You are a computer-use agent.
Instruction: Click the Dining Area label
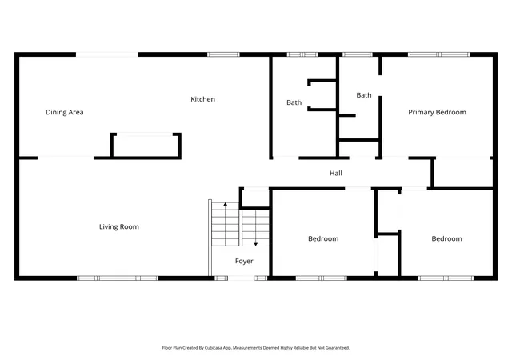click(65, 112)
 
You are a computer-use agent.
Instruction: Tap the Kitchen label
click(202, 99)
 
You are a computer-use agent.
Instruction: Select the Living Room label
click(119, 226)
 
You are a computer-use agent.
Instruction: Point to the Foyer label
click(244, 261)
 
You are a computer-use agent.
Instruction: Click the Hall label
click(336, 173)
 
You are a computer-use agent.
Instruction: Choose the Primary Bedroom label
click(438, 112)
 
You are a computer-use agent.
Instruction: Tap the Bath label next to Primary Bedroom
click(364, 95)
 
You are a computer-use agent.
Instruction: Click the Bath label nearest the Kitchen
click(294, 102)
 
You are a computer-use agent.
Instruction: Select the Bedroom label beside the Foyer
click(323, 239)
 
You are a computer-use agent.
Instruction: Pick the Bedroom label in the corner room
click(446, 239)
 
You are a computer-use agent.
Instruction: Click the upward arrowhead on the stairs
click(226, 204)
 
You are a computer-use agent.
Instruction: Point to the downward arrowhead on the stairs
click(256, 244)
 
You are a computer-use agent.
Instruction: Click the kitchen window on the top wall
click(224, 54)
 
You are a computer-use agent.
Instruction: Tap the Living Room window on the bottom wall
click(118, 278)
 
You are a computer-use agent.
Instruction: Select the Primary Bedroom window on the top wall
click(439, 54)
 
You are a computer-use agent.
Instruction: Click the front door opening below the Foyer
click(241, 278)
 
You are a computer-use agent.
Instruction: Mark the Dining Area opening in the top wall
click(107, 54)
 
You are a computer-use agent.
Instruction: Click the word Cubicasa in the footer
click(214, 348)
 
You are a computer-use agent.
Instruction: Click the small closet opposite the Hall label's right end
click(462, 173)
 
